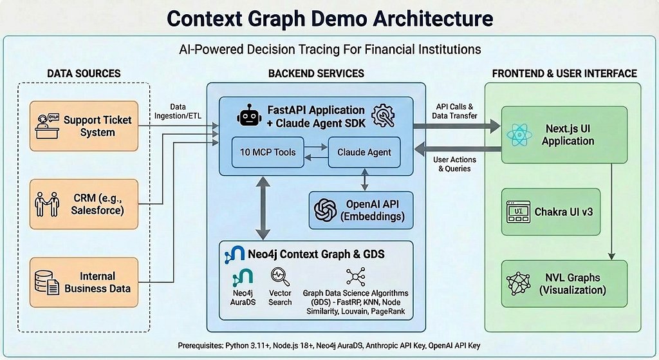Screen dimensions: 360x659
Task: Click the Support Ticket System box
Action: click(84, 126)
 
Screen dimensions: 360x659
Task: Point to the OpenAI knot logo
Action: click(325, 210)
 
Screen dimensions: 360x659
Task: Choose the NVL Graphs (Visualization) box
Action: click(564, 283)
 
